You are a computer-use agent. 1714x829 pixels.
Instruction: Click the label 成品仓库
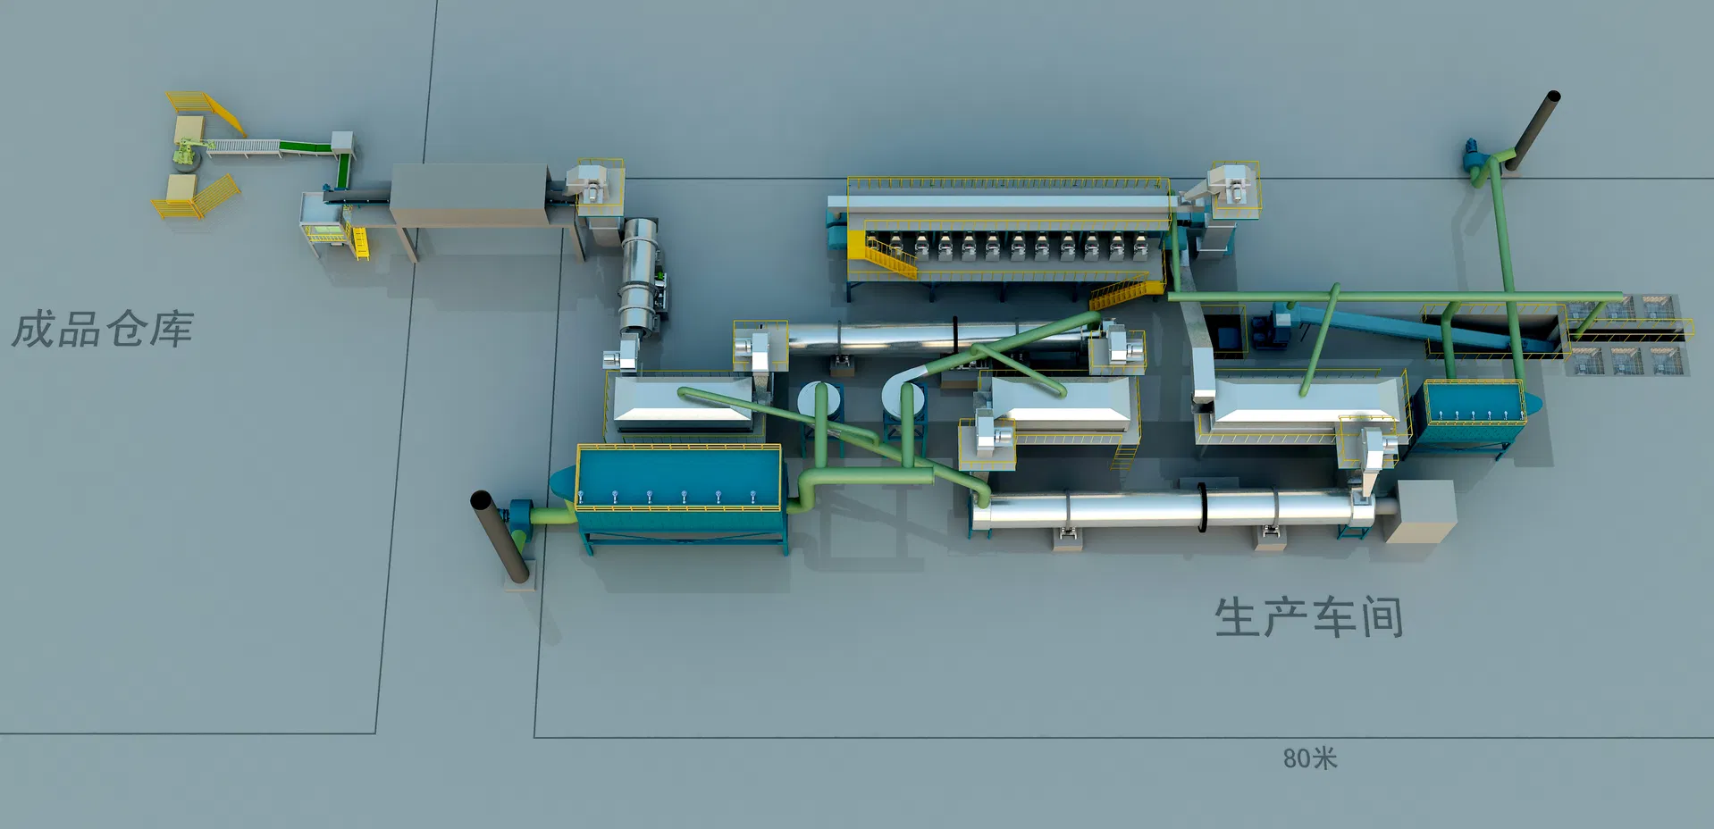point(103,330)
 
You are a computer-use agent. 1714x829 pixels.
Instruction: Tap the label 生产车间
point(1308,617)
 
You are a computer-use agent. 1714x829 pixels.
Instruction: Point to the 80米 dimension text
point(1309,758)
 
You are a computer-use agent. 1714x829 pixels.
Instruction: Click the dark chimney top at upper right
point(1552,96)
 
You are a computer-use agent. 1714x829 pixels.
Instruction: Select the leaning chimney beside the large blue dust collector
point(499,536)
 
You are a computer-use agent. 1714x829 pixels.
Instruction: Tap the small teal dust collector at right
point(1473,412)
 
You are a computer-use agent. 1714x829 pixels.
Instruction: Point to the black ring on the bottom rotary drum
point(1202,507)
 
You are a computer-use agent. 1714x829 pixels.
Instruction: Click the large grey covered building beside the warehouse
point(469,195)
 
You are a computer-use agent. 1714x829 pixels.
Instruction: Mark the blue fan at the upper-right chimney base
point(1472,156)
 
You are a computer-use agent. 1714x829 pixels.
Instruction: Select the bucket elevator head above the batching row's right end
point(1234,188)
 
